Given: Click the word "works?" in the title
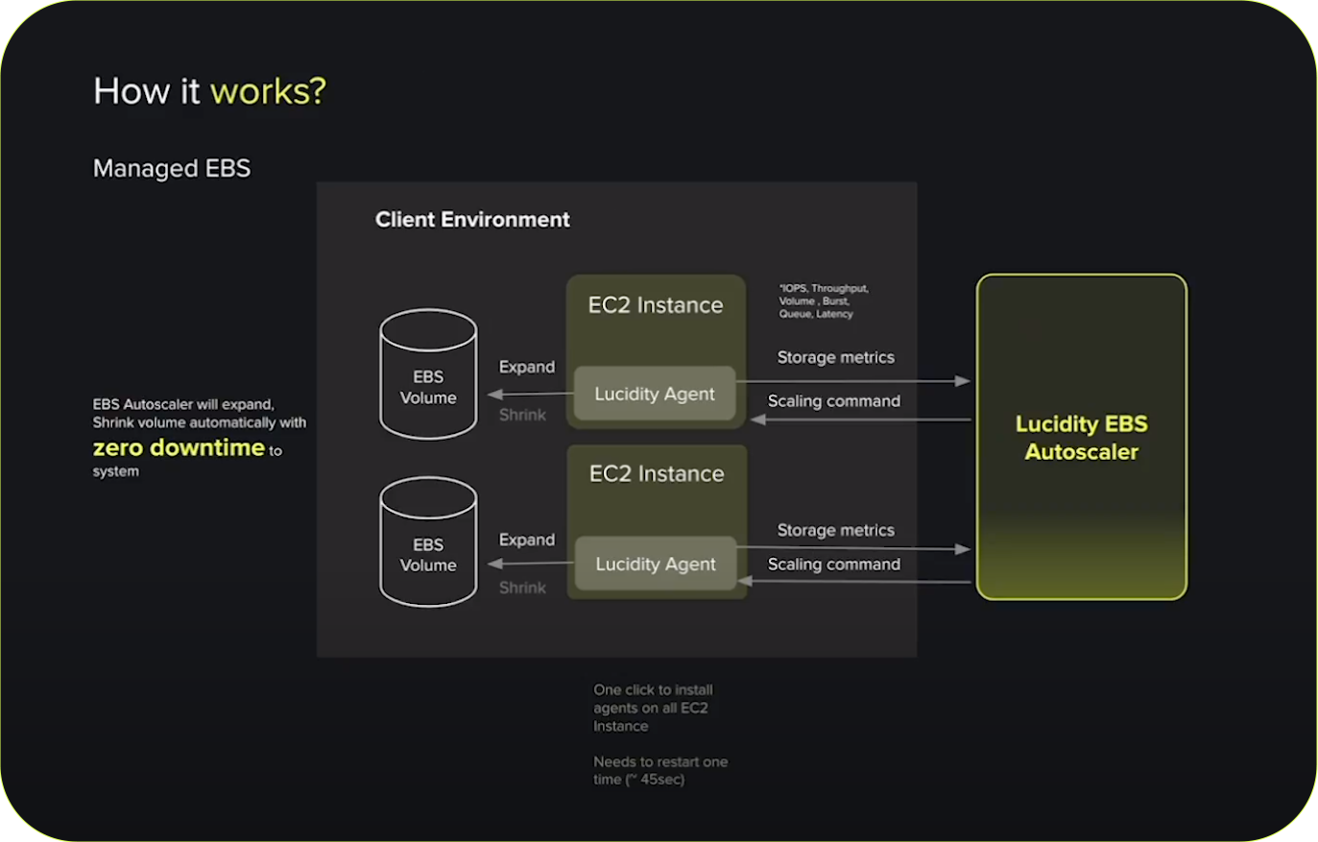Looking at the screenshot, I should (x=268, y=91).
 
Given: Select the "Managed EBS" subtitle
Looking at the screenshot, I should (x=172, y=168).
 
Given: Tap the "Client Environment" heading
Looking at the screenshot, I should (x=472, y=220).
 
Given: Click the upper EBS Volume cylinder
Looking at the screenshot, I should (x=428, y=375).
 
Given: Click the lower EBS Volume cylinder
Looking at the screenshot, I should (x=428, y=543).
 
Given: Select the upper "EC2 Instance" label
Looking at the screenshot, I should (x=656, y=305).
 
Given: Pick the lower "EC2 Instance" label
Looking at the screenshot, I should (x=657, y=473).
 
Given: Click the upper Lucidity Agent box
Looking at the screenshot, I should (x=655, y=394).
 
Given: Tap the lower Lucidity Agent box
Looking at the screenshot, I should (x=656, y=564).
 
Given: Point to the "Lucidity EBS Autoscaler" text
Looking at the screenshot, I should (x=1081, y=438).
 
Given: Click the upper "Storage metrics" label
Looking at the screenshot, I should (x=835, y=357).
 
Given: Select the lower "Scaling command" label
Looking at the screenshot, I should (x=833, y=565).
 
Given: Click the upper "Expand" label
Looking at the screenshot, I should (x=527, y=367).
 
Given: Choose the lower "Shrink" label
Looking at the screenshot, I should (x=522, y=588).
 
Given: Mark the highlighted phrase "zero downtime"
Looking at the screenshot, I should (x=179, y=447).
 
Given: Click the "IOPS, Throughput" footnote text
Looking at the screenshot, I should (x=824, y=288).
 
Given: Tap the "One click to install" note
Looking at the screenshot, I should (x=653, y=689).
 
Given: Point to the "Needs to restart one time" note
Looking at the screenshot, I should (x=660, y=770).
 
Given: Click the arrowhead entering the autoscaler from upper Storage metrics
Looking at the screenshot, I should (x=963, y=381).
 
